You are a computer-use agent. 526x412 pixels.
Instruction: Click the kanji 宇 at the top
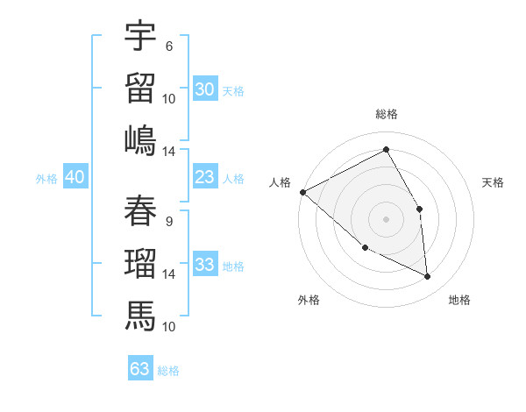pyautogui.click(x=140, y=37)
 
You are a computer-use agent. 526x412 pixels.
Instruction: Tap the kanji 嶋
pyautogui.click(x=140, y=140)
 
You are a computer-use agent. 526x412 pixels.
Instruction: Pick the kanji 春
pyautogui.click(x=140, y=210)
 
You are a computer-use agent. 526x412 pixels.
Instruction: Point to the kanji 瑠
pyautogui.click(x=140, y=263)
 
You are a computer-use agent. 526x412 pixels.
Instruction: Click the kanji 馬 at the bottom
pyautogui.click(x=140, y=315)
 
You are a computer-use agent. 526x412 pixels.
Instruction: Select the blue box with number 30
pyautogui.click(x=205, y=89)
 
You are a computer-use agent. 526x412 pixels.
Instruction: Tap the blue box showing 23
pyautogui.click(x=205, y=177)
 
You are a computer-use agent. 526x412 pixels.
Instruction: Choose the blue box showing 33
pyautogui.click(x=205, y=265)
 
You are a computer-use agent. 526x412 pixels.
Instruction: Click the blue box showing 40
pyautogui.click(x=75, y=177)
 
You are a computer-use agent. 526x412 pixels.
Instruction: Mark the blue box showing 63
pyautogui.click(x=140, y=368)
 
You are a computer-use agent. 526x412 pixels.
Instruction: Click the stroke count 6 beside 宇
pyautogui.click(x=168, y=46)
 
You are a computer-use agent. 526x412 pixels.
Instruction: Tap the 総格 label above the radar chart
pyautogui.click(x=387, y=114)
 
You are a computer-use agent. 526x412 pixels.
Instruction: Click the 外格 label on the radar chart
pyautogui.click(x=309, y=300)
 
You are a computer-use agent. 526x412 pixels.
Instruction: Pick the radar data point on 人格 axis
pyautogui.click(x=302, y=192)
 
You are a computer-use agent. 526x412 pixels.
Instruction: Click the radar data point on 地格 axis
pyautogui.click(x=428, y=277)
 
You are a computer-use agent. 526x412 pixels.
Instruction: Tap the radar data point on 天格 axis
pyautogui.click(x=419, y=209)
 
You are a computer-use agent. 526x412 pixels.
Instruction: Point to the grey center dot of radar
pyautogui.click(x=386, y=219)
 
